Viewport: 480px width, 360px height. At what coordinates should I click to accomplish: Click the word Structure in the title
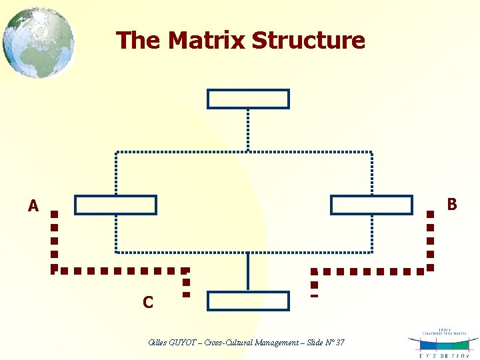309,40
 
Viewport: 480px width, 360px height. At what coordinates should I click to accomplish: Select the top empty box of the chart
248,99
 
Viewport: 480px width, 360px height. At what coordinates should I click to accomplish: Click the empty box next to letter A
115,205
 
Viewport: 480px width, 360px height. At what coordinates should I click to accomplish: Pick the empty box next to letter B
371,205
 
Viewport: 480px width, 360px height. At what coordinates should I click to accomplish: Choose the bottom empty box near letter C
248,301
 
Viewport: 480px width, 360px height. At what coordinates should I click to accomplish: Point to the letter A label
33,206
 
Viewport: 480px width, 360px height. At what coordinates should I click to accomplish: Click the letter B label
452,204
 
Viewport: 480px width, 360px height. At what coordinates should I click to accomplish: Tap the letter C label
148,303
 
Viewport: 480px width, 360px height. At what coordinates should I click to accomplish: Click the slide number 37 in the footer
340,343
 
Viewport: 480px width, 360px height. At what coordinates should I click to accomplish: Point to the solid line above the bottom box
248,271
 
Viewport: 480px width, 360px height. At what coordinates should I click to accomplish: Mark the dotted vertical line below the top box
248,130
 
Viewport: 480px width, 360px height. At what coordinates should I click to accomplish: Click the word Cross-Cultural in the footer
225,343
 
